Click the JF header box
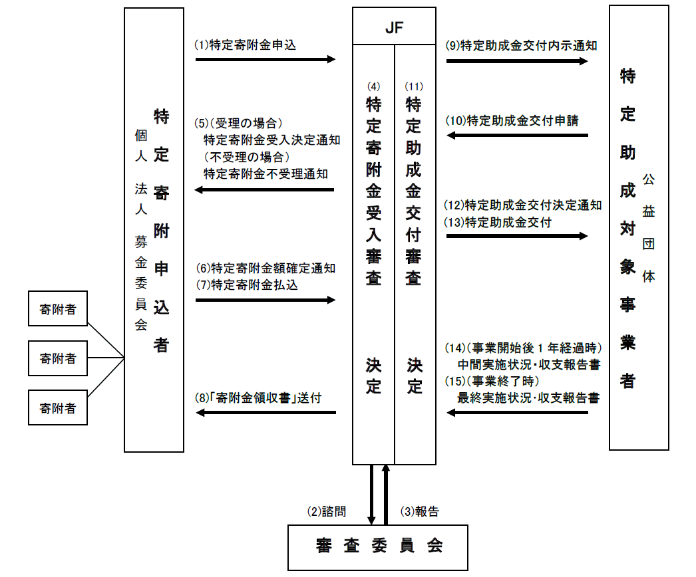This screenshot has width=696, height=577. (x=394, y=28)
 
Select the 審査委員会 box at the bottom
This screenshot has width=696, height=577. (x=378, y=546)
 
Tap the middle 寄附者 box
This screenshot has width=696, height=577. (x=58, y=359)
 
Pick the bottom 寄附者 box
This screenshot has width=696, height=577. (x=58, y=407)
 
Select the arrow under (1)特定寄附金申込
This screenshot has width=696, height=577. (x=265, y=59)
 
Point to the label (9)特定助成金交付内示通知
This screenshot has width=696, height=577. (x=521, y=46)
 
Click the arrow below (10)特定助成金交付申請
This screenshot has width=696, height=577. (x=517, y=136)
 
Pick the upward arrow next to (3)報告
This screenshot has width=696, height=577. (x=386, y=495)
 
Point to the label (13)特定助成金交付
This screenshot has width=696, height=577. (x=498, y=222)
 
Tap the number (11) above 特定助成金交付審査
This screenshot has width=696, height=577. (x=414, y=86)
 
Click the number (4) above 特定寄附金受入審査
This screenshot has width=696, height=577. (x=373, y=86)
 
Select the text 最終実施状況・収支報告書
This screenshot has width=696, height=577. (x=528, y=398)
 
